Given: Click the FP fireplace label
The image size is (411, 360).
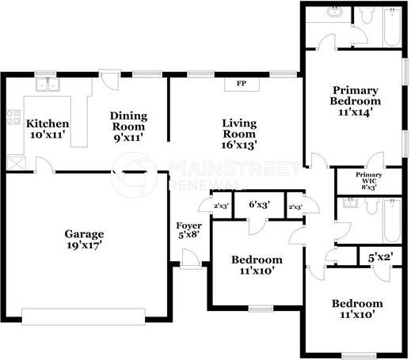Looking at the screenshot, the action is click(x=242, y=83).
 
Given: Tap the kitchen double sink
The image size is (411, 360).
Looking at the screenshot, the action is click(x=48, y=85).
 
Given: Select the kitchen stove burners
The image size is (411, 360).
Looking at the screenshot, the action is click(x=13, y=117).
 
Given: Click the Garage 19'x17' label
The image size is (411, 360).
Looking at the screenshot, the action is click(x=84, y=240).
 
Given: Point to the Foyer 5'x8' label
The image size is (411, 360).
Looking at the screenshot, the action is click(x=189, y=230).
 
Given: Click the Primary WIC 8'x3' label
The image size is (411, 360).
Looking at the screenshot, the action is click(x=369, y=181).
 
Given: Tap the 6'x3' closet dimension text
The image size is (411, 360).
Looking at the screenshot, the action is click(x=260, y=204).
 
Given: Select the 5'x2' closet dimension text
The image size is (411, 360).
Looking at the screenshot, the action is click(x=381, y=257).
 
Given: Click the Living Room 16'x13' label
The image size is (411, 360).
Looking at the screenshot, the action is click(x=239, y=135).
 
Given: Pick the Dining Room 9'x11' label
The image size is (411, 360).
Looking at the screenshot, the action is click(x=128, y=127).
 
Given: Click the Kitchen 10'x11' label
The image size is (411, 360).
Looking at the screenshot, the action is click(x=48, y=129).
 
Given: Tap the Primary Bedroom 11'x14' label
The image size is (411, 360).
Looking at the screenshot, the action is click(x=356, y=101).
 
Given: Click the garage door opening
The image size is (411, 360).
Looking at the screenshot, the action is click(x=83, y=316).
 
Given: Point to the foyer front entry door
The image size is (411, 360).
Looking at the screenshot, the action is click(x=191, y=260).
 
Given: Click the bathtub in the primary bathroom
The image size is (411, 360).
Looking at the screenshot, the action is click(x=392, y=27).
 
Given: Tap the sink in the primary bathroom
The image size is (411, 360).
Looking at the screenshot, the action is click(x=334, y=12).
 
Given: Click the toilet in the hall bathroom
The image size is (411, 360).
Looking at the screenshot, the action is click(x=372, y=207).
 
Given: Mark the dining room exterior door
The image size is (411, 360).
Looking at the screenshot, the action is click(x=110, y=80).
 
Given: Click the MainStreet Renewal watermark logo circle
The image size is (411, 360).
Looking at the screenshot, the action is click(x=135, y=175).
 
